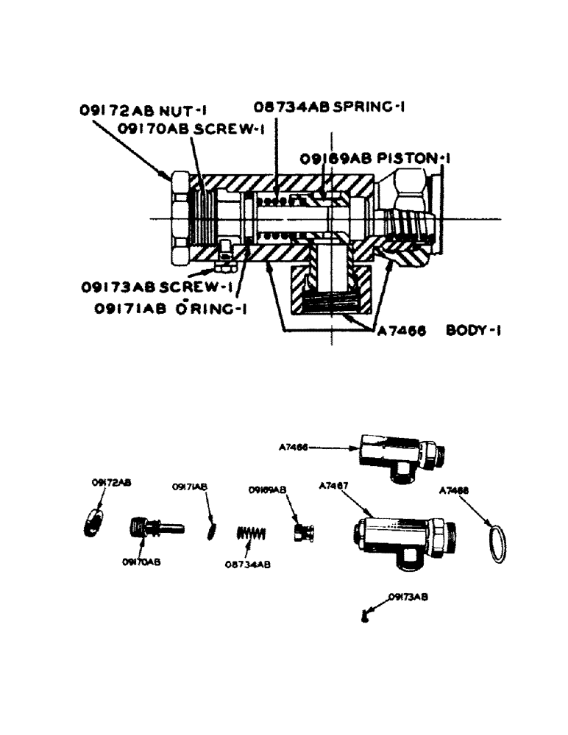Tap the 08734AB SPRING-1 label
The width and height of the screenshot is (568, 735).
330,107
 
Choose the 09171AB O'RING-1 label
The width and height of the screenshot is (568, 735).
170,309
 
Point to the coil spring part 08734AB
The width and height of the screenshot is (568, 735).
249,534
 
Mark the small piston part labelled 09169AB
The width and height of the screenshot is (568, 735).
302,533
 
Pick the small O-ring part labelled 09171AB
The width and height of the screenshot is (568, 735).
213,529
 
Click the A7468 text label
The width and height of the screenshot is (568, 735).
453,489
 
